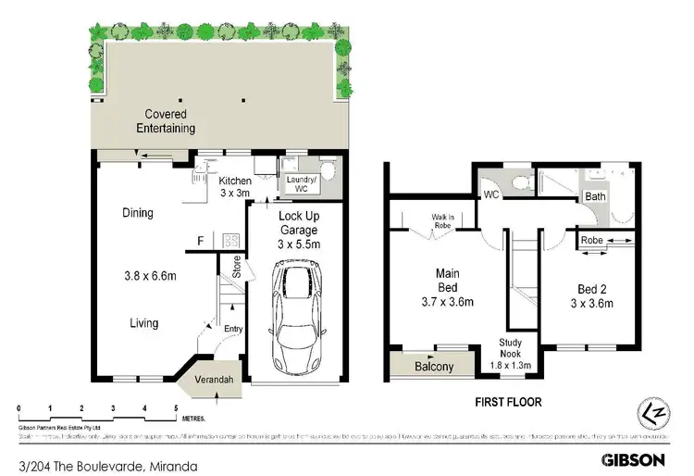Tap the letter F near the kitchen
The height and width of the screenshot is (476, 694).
pos(200,242)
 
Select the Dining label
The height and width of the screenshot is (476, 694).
pos(138,213)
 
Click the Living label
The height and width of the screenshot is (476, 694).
pos(143,323)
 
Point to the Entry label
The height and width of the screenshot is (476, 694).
pos(232,329)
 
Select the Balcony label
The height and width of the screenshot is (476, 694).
pos(432,367)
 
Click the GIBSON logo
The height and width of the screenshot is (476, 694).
pos(634,458)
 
